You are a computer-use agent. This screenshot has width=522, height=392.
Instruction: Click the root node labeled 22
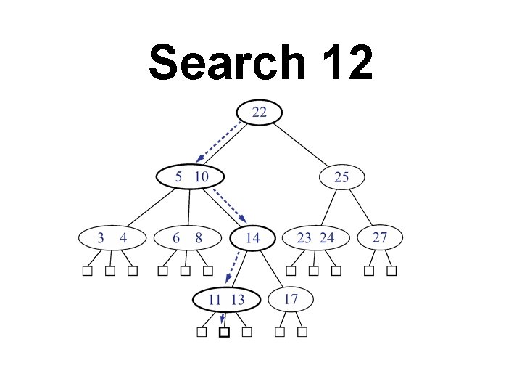[x=259, y=112]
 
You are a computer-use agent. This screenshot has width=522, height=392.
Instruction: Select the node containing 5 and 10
[x=190, y=176]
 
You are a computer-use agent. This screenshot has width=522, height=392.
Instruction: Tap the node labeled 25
[x=341, y=177]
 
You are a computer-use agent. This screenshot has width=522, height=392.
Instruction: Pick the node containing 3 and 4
[x=112, y=238]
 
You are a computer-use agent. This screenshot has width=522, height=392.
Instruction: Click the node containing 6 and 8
[x=187, y=238]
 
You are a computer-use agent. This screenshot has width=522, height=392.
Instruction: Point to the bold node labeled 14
[x=253, y=238]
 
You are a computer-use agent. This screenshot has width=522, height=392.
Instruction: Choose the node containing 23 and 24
[x=315, y=238]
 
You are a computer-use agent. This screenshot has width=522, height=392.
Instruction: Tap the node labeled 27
[x=379, y=237]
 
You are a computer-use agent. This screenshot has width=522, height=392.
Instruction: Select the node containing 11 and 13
[x=226, y=299]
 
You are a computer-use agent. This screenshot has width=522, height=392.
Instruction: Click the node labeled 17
[x=291, y=298]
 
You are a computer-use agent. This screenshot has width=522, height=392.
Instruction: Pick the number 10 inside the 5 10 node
[x=201, y=176]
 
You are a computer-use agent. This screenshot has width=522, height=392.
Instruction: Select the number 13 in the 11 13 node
[x=237, y=299]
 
